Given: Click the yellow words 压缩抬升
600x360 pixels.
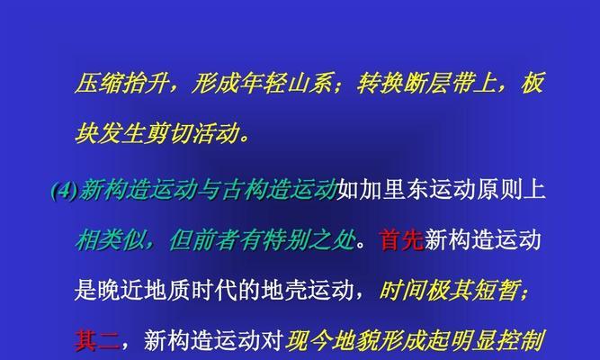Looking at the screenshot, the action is pos(121,83).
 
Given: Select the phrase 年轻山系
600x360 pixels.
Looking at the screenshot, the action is pos(284,83).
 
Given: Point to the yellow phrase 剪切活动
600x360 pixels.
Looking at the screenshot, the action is pos(191,133).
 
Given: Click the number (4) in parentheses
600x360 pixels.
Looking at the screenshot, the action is pos(64,190).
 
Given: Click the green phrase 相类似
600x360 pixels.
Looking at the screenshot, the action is pos(111,240).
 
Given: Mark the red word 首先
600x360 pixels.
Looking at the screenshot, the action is pos(401,240).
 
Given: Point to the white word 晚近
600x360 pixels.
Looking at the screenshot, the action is pos(121,291).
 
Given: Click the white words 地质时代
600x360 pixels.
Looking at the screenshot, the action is pos(191,291).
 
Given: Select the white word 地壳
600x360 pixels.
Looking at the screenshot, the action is pos(284,291).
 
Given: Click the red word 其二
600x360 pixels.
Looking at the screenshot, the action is pos(97,340).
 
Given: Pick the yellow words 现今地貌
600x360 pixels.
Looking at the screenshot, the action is pos(332,340).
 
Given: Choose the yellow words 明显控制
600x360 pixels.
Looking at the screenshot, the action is pos(497,340).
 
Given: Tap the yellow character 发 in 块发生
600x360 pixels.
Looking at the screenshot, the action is pos(109,133).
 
